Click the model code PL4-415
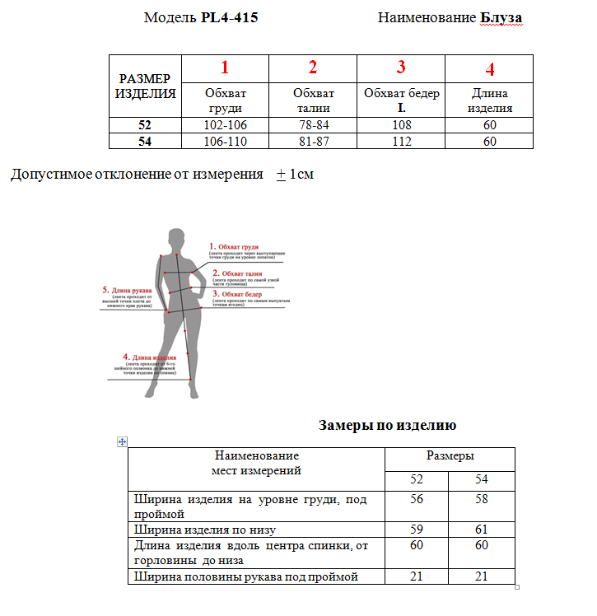(x=229, y=17)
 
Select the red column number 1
(x=225, y=68)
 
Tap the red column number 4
(x=490, y=69)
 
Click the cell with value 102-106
(x=225, y=125)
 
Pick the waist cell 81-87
(x=313, y=141)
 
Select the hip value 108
(x=401, y=125)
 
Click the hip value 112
(x=401, y=141)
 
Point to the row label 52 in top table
(x=145, y=125)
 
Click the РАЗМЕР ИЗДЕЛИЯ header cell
(x=145, y=86)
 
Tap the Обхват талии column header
(x=313, y=100)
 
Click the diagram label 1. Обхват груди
(x=234, y=246)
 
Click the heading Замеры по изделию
(x=387, y=426)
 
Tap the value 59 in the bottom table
(x=417, y=529)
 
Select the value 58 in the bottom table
(x=482, y=500)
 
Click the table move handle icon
(x=122, y=442)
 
